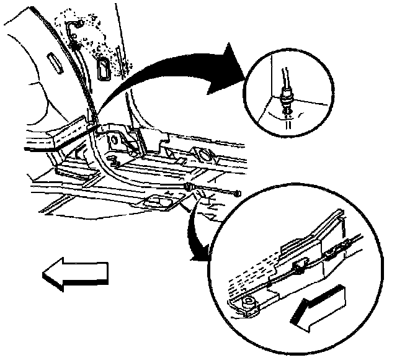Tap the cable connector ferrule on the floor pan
point(190,187)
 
